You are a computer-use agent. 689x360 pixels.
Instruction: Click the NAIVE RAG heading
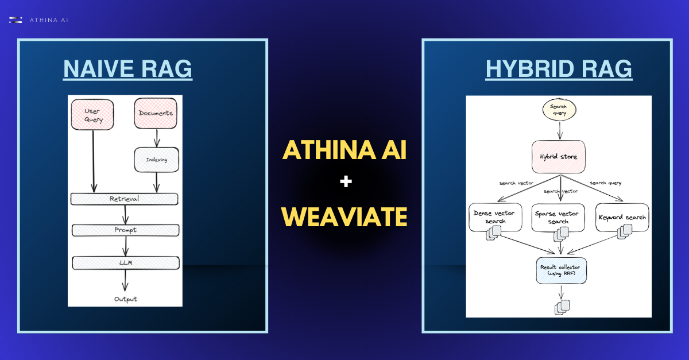tap(127, 69)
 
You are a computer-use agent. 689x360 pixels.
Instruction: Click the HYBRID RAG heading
tap(558, 69)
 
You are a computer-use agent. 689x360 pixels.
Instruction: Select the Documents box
tap(156, 113)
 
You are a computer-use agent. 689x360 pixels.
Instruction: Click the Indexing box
tap(157, 160)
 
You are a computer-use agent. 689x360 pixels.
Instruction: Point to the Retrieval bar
tap(124, 199)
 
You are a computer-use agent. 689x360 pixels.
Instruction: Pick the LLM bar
tap(125, 263)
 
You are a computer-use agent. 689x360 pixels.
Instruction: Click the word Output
tap(125, 299)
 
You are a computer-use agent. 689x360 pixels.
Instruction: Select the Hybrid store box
tap(558, 156)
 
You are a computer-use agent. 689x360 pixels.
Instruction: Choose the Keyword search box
tap(622, 217)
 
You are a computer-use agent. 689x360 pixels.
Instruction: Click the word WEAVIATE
tap(344, 217)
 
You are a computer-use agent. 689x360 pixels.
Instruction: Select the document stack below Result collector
tap(562, 307)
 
